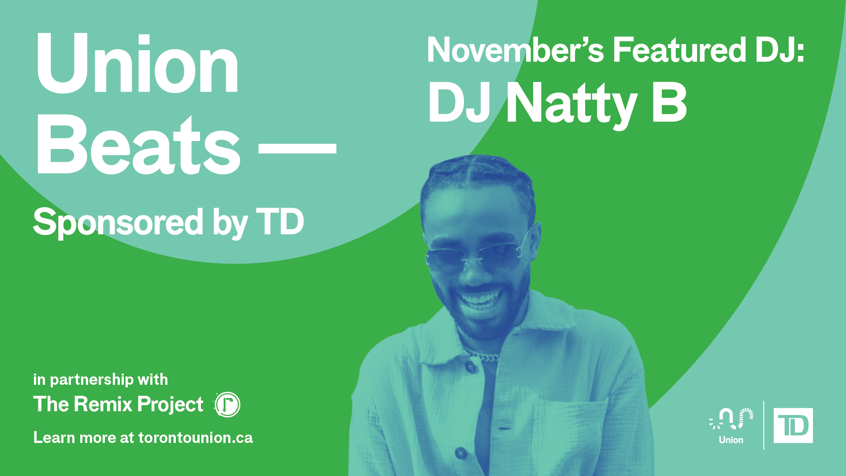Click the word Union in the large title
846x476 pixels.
137,63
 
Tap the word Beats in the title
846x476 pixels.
138,144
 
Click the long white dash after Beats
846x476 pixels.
297,148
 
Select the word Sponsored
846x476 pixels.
118,223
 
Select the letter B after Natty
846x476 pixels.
669,103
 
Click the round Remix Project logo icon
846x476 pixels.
227,405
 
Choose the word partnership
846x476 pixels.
92,380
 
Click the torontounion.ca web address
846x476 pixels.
196,438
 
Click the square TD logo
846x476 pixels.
793,426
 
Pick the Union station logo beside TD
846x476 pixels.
731,426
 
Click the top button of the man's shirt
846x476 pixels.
471,366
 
